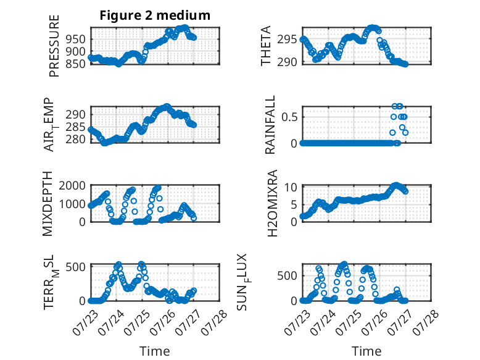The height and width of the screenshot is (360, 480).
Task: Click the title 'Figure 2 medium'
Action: pos(155,15)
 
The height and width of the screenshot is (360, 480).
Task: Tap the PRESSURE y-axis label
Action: pos(54,46)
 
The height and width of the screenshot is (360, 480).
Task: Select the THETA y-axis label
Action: pos(266,46)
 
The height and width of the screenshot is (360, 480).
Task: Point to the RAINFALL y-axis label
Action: pos(270,125)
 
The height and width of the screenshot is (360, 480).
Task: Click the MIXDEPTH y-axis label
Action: pos(48,204)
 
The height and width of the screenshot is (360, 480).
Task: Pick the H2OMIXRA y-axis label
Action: pos(272,203)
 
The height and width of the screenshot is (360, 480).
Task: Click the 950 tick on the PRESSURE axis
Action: pos(76,40)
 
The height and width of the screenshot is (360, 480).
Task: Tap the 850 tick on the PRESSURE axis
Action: pos(76,64)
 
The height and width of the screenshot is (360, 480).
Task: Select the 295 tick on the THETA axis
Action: pos(287,40)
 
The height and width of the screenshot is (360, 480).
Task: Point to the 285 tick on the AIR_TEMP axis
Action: pos(76,127)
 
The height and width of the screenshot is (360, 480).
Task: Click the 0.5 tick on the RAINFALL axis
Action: pos(289,117)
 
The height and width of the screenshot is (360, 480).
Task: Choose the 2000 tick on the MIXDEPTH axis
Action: pos(72,185)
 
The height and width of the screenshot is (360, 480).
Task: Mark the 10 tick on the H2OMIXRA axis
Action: pos(291,187)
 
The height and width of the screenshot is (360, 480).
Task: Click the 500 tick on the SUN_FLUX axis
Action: pos(287,275)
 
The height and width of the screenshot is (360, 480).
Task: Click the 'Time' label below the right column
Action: pos(366,351)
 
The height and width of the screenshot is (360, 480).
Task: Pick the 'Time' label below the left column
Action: pos(155,351)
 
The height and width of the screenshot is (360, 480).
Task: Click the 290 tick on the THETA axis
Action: pos(287,62)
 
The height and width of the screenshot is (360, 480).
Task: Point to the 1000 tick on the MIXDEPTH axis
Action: pos(72,204)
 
